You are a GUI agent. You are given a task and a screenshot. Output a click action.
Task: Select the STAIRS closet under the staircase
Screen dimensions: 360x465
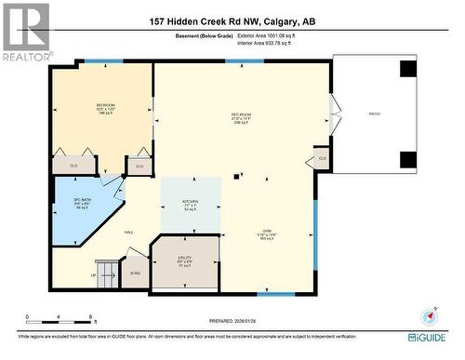tap(135, 273)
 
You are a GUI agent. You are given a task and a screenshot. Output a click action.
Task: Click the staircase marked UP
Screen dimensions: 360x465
tap(107, 273)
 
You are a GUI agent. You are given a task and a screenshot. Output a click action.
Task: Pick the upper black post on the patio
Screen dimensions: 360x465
tap(408, 69)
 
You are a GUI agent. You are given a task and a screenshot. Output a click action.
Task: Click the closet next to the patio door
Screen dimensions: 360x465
tap(322, 157)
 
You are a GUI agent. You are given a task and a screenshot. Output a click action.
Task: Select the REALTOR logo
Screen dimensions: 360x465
tap(25, 32)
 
